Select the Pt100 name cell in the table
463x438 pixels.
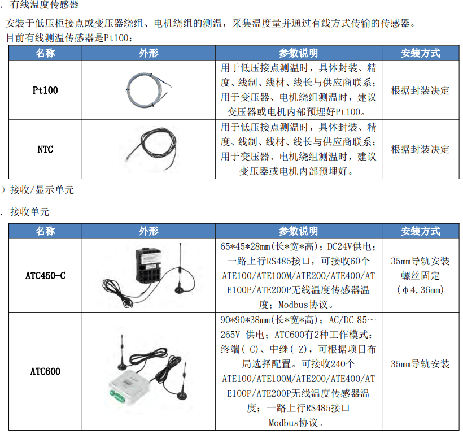click(45, 90)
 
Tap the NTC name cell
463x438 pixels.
click(45, 149)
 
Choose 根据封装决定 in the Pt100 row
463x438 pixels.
click(420, 90)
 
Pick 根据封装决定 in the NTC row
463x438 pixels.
click(420, 149)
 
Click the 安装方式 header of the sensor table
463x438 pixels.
click(420, 53)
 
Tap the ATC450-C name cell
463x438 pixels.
click(45, 276)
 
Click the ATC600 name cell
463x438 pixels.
click(45, 371)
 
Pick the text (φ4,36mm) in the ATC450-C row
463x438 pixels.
click(420, 290)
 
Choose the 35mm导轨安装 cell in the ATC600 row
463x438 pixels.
click(420, 364)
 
